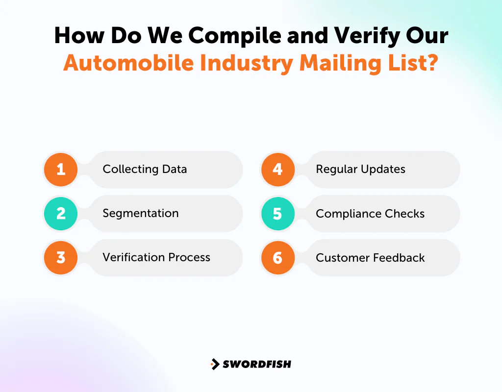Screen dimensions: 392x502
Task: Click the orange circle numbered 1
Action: click(61, 170)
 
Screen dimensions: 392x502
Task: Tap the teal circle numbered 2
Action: click(61, 214)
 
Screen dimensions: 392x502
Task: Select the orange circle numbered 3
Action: click(61, 258)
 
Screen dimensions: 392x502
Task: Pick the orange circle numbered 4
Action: click(277, 170)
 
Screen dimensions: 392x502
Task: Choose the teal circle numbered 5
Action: click(277, 214)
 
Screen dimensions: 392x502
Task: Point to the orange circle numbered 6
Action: click(277, 258)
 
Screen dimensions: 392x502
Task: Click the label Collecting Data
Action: click(145, 170)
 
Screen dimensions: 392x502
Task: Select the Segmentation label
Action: click(141, 214)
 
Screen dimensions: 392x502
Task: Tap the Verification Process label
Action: click(156, 258)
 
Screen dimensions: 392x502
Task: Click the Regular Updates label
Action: click(360, 170)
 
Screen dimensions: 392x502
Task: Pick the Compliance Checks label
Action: click(370, 214)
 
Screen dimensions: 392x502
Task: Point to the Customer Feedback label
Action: click(370, 258)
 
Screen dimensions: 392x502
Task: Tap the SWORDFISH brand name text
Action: click(257, 364)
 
